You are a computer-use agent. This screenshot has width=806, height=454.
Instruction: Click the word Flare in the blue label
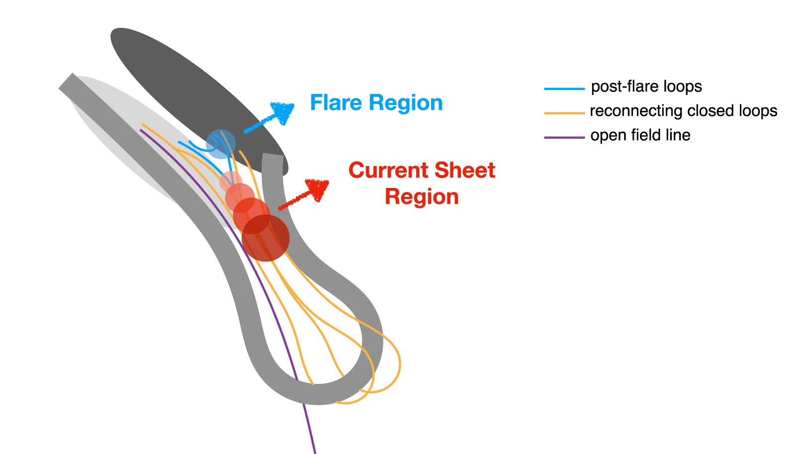pos(336,103)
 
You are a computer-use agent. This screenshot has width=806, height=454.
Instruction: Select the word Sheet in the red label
pos(468,171)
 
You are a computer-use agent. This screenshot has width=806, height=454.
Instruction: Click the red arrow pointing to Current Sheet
pos(304,194)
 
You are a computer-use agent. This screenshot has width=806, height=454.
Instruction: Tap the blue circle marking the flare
pos(221,144)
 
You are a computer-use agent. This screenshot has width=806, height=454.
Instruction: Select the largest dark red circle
pos(266,238)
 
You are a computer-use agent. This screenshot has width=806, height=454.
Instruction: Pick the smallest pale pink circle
pos(231,181)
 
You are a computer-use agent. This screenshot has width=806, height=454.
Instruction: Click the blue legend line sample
pos(564,89)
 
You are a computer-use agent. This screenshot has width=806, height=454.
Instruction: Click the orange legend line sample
pos(564,113)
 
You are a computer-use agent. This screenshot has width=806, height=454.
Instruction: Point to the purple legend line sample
pos(564,137)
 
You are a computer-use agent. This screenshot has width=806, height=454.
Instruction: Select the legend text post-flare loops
pos(646,87)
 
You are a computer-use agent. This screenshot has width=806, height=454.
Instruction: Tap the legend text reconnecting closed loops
pos(683,111)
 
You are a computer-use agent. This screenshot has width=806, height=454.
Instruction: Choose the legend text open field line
pos(640,135)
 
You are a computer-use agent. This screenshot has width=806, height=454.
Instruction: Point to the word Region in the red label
pos(422,197)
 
